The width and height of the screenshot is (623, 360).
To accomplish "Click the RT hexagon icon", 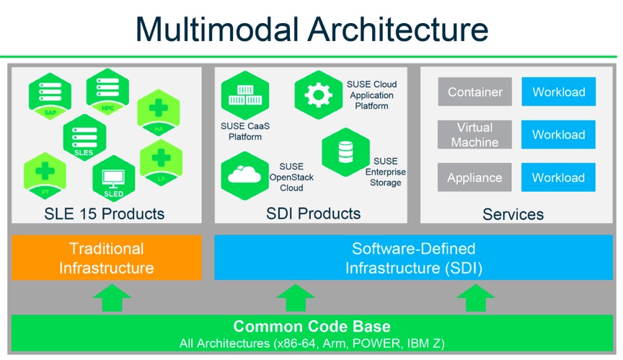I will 45,176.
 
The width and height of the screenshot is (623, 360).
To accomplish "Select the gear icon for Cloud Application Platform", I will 318,94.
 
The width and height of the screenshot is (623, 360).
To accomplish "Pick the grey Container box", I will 475,92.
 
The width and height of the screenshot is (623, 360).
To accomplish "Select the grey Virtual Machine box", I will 475,135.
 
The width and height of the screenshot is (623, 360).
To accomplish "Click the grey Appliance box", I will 475,177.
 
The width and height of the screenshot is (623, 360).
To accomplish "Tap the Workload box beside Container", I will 559,92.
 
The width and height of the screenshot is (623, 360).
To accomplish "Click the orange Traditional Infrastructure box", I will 107,258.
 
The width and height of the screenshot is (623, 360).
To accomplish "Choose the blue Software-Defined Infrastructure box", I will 413,258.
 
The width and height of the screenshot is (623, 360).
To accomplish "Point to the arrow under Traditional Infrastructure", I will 112,297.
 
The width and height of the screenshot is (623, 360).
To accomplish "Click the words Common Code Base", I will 311,326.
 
